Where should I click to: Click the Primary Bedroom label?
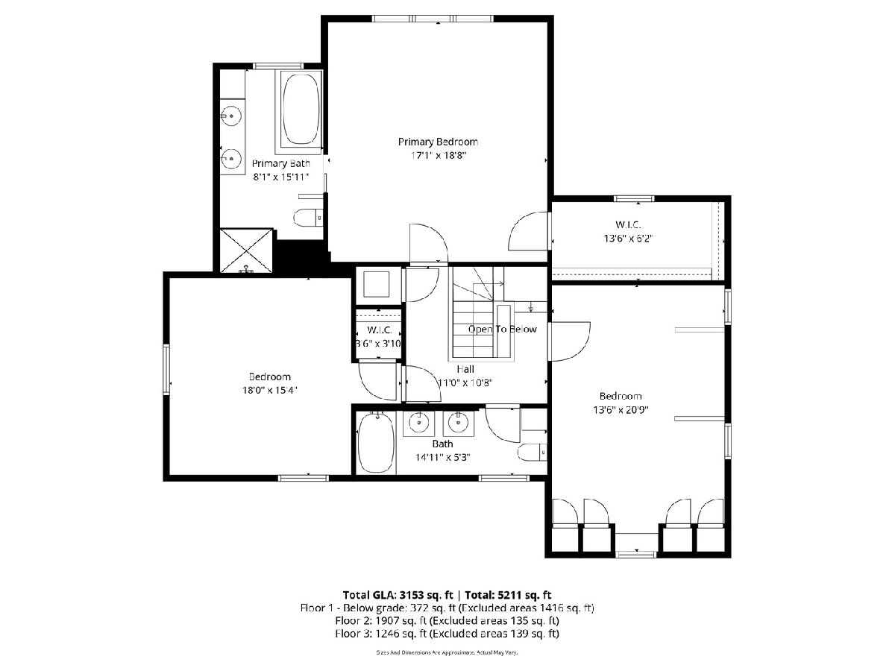[x=438, y=142]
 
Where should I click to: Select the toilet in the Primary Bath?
[x=308, y=218]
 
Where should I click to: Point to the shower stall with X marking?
[x=246, y=251]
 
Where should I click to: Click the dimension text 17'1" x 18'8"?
[x=438, y=155]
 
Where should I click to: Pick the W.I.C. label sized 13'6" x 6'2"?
[x=628, y=224]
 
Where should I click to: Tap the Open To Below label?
[x=503, y=330]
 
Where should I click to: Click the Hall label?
[x=465, y=369]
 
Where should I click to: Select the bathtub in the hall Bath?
[x=376, y=444]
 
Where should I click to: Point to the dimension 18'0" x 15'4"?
[x=269, y=390]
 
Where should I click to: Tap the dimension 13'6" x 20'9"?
[x=621, y=410]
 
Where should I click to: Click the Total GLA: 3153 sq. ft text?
[x=398, y=595]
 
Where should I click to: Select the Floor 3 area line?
[x=447, y=634]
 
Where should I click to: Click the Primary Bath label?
[x=281, y=163]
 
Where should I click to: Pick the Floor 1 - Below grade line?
[x=447, y=608]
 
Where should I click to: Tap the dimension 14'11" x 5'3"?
[x=443, y=457]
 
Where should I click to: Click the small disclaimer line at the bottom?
[x=447, y=652]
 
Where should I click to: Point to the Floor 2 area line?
[x=447, y=620]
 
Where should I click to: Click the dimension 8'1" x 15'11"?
[x=281, y=177]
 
